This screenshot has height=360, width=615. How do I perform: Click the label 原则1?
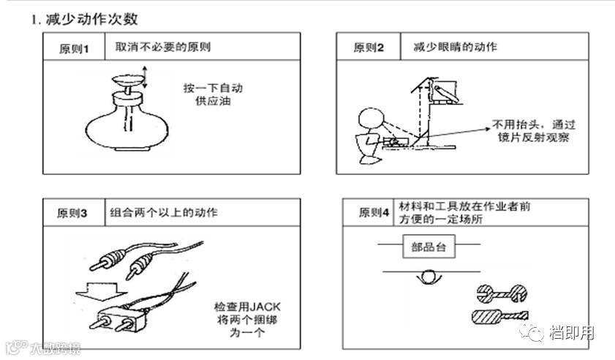[74, 49]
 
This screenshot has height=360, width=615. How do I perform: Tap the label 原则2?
[369, 48]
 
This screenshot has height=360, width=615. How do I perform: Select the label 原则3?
[72, 214]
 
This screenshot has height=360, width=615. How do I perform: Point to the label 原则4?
[373, 213]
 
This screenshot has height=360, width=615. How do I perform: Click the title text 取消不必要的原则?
[163, 47]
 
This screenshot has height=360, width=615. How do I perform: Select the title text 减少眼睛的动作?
[455, 47]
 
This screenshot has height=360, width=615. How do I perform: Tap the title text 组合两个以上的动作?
[164, 213]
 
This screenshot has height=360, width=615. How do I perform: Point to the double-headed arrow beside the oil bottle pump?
[145, 77]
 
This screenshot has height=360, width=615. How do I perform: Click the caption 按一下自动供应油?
[213, 94]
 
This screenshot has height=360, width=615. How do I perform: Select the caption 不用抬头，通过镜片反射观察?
[529, 130]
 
